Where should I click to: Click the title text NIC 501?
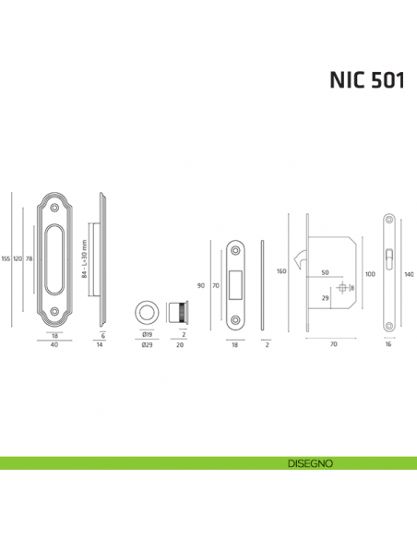click(366, 80)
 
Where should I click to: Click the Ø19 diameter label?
click(147, 337)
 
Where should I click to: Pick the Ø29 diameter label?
click(147, 346)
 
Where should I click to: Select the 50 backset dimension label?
click(325, 273)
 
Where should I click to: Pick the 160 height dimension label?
click(281, 271)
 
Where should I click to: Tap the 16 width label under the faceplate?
click(389, 345)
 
